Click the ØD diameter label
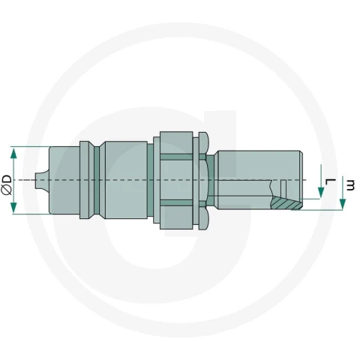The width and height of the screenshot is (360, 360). (x=7, y=184)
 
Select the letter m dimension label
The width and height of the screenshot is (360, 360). (x=350, y=184)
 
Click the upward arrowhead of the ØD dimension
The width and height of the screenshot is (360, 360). (x=13, y=153)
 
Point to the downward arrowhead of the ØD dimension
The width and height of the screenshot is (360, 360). (x=13, y=208)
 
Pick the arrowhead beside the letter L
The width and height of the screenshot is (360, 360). (x=321, y=193)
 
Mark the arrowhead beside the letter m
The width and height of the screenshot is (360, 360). (x=343, y=204)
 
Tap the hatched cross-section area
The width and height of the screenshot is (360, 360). (x=286, y=202)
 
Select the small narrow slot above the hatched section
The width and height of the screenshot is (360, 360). (x=283, y=187)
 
